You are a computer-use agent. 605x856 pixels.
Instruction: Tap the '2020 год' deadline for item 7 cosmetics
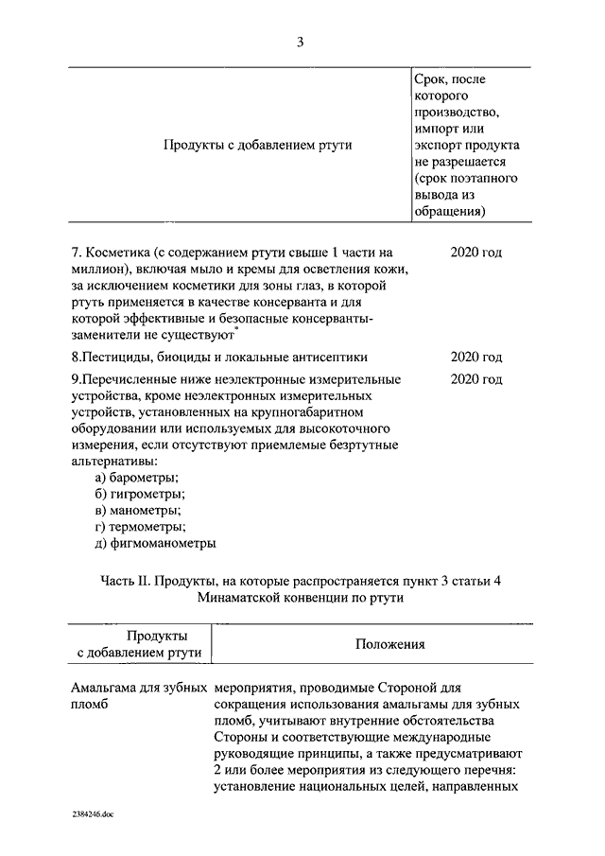pyautogui.click(x=475, y=253)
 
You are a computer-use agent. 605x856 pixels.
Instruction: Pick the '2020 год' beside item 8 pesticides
pyautogui.click(x=475, y=357)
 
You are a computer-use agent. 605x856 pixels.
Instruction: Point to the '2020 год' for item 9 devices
pyautogui.click(x=475, y=379)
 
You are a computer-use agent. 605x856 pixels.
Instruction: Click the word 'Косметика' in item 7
pyautogui.click(x=118, y=253)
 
